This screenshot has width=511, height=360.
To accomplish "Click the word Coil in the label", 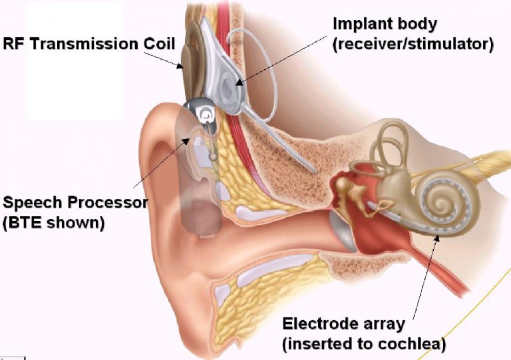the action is click(160, 44).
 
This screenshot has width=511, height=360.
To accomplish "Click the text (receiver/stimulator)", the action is click(413, 44).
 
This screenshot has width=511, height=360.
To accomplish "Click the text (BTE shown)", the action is click(53, 223).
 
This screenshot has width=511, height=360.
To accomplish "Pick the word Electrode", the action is click(315, 324).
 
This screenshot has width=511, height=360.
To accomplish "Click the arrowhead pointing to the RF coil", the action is click(180, 66).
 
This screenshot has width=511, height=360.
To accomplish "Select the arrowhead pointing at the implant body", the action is click(240, 83).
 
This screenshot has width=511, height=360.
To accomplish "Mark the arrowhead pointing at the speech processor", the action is click(186, 141).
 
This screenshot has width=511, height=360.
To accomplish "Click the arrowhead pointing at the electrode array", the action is click(437, 238).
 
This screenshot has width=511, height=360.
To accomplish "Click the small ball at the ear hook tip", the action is click(213, 156).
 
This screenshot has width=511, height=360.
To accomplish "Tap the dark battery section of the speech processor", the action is click(203, 218).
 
